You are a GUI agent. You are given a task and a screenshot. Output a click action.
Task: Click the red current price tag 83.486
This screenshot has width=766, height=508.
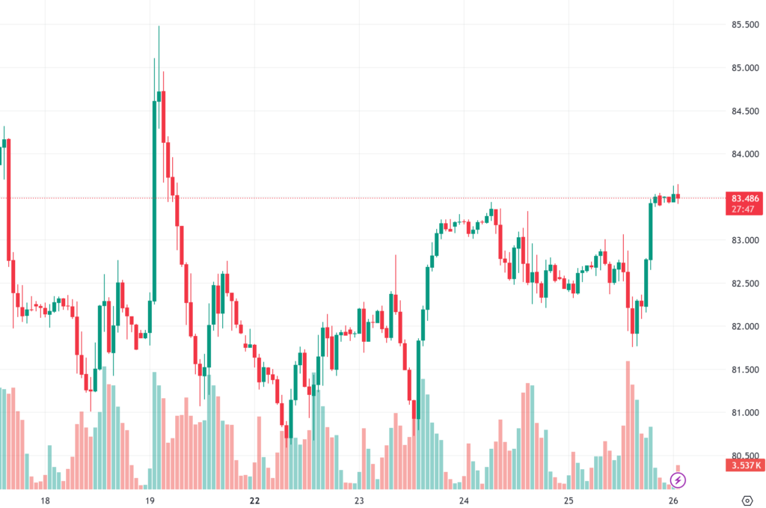(745, 198)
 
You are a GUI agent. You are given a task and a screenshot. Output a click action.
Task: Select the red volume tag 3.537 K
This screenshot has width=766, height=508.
(745, 465)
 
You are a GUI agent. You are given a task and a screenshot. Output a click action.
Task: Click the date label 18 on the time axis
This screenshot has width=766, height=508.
(45, 501)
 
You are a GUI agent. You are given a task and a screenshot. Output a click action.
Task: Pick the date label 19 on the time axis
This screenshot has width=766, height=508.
(150, 501)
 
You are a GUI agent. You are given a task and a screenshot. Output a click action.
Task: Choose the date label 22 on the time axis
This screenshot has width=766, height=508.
(254, 501)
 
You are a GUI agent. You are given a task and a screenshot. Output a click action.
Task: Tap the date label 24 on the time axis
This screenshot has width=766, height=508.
(464, 501)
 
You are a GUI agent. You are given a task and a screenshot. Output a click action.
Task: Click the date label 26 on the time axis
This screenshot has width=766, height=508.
(673, 501)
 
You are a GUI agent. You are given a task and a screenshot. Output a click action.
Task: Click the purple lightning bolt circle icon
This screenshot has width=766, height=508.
(678, 479)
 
